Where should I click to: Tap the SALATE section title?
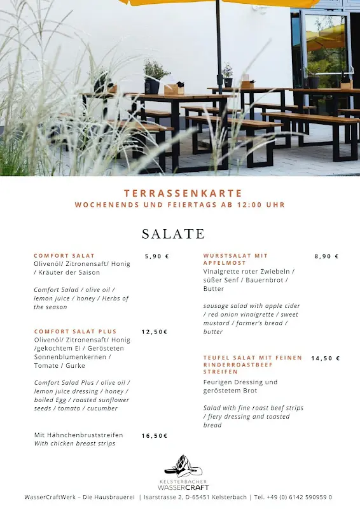(x=173, y=234)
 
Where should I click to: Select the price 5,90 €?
(x=156, y=256)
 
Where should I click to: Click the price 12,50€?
(x=155, y=331)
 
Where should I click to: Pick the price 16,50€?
(x=155, y=436)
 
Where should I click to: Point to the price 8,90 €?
(x=326, y=256)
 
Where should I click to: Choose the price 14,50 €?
(x=325, y=358)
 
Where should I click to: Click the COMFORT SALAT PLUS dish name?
(x=75, y=331)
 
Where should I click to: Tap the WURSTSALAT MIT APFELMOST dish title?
(x=235, y=259)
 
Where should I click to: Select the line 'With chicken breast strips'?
(x=74, y=443)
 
